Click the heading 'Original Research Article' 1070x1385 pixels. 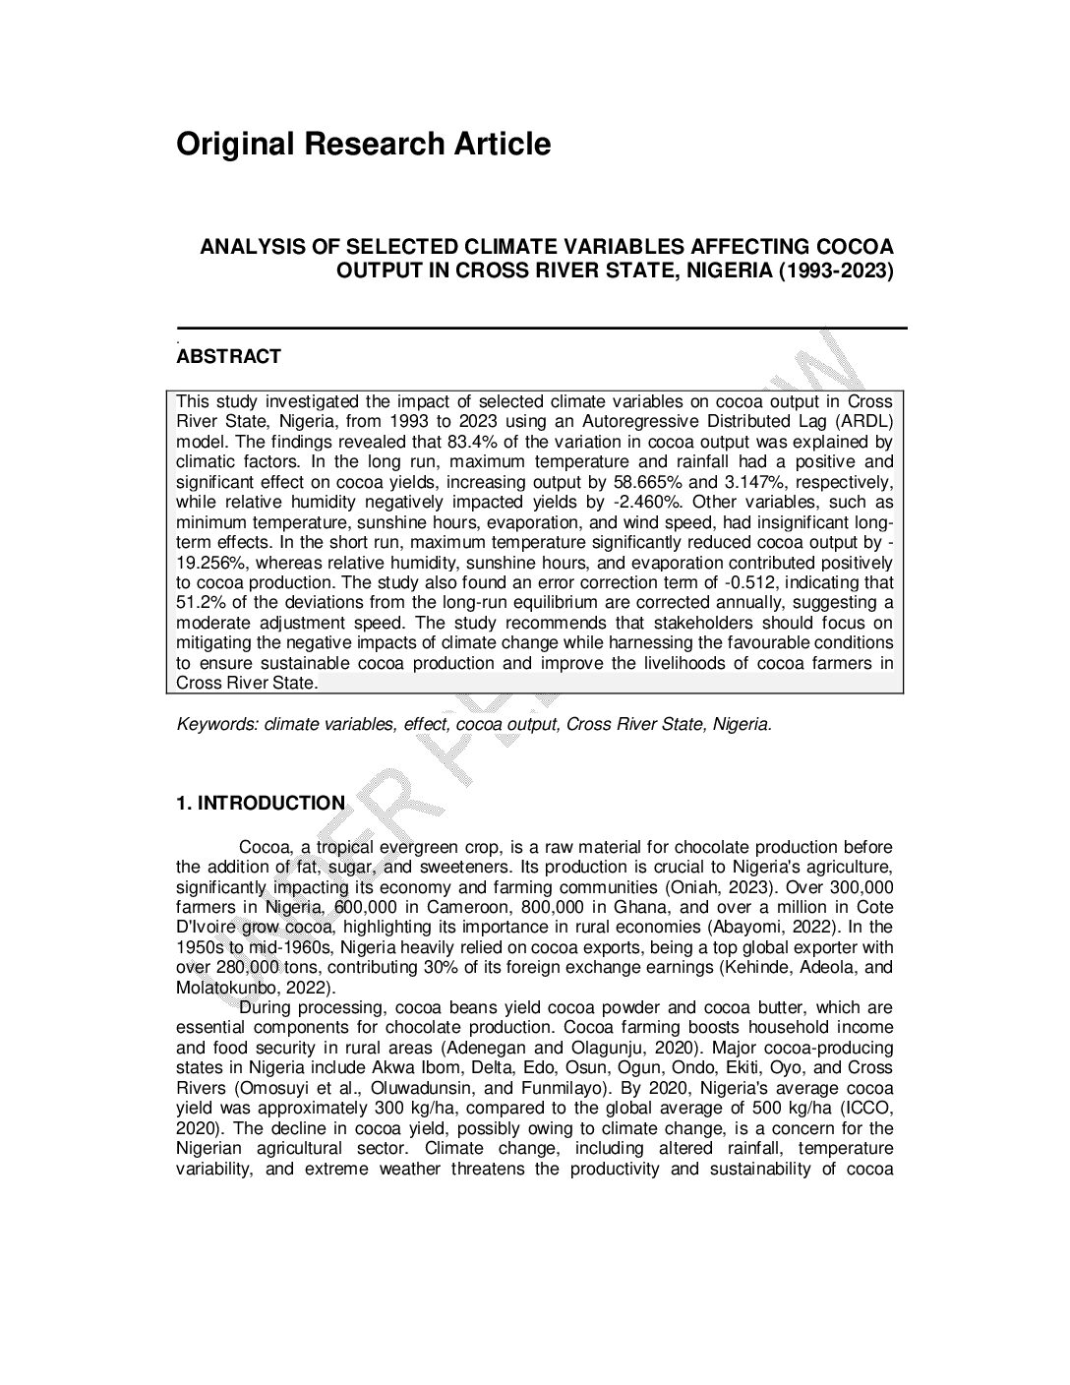(363, 144)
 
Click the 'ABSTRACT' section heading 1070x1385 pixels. (228, 356)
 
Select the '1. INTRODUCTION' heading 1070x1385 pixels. (260, 803)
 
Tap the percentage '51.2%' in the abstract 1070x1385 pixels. (205, 603)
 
